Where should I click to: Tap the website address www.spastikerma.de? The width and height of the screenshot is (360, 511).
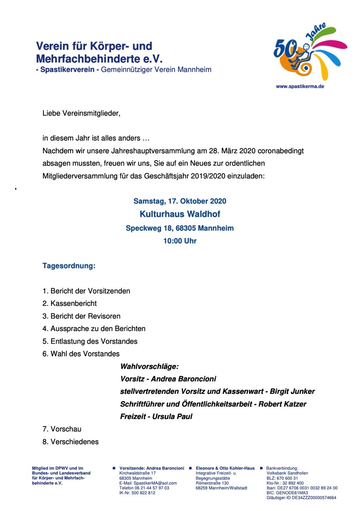click(x=300, y=86)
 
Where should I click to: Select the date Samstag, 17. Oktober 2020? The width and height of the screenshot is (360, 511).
click(x=180, y=201)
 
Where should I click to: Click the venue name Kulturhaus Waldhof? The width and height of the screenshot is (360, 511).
click(x=180, y=214)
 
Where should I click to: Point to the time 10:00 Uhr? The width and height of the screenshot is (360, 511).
click(x=180, y=241)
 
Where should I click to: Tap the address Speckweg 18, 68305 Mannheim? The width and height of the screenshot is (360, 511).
click(x=180, y=228)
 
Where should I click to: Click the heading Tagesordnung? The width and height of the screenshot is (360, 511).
click(x=69, y=266)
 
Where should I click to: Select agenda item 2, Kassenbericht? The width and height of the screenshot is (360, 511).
click(x=70, y=304)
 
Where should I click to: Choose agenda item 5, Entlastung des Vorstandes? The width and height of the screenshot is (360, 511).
click(x=90, y=342)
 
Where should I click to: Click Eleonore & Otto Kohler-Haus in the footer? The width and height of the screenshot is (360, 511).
click(x=225, y=468)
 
